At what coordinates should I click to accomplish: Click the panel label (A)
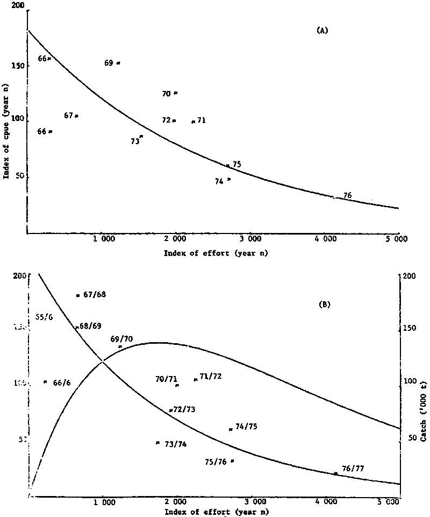[322, 31]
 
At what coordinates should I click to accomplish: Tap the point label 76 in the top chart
[347, 195]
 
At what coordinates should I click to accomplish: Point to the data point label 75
[236, 164]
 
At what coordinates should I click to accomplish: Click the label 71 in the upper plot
[202, 121]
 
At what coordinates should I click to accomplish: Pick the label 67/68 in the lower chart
[95, 294]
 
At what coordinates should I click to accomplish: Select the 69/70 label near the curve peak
[121, 339]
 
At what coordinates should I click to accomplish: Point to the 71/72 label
[210, 377]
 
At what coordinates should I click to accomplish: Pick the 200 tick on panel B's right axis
[410, 275]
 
